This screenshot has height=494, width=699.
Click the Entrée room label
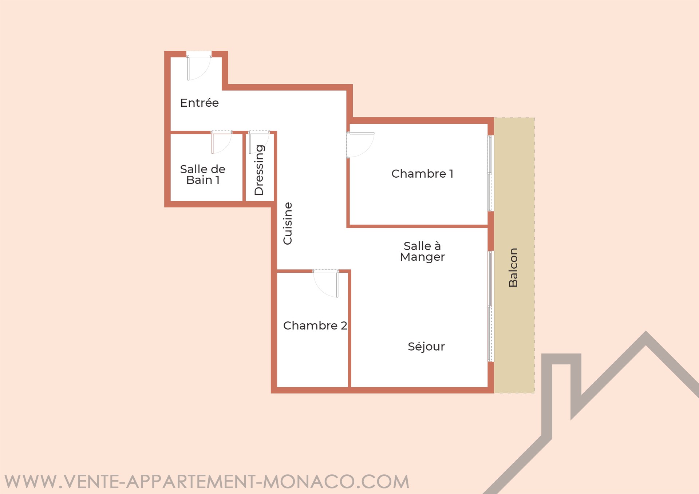(x=200, y=103)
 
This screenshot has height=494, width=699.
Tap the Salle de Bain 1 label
(x=203, y=174)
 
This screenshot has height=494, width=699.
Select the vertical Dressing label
(x=259, y=170)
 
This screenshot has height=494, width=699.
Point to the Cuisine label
(x=288, y=224)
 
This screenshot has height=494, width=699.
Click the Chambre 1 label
(x=422, y=174)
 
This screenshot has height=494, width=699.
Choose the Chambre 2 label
(x=315, y=325)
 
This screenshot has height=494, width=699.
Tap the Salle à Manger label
(x=422, y=252)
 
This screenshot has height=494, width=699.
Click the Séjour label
(x=426, y=346)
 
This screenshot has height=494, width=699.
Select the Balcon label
(x=513, y=268)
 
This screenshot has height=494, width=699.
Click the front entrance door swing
(x=199, y=67)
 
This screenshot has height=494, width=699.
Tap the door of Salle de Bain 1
(x=221, y=143)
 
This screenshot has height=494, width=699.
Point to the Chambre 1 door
(x=360, y=145)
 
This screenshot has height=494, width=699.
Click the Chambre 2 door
(x=326, y=284)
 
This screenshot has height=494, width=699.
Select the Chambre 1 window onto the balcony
(x=491, y=173)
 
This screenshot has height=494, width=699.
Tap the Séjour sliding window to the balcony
(x=491, y=307)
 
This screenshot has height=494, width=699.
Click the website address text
(x=207, y=481)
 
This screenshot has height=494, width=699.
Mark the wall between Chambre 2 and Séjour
(x=349, y=329)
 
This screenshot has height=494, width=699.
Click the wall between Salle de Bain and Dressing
(x=244, y=167)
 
